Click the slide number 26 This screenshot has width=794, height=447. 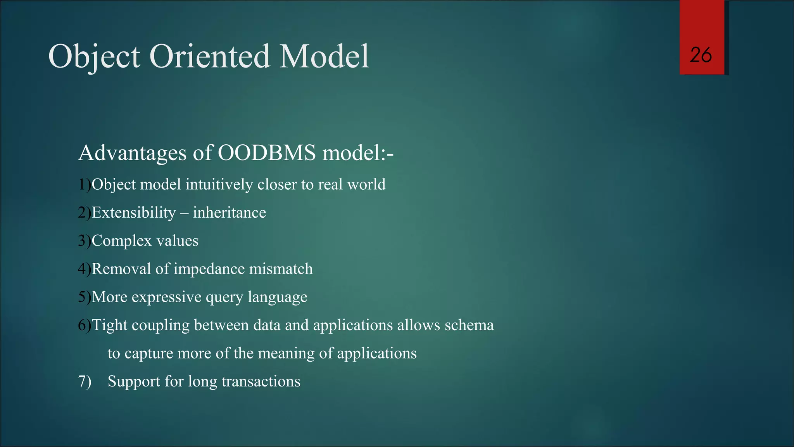point(701,55)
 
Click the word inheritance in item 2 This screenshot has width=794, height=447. point(230,213)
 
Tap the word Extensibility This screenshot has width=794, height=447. point(134,213)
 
